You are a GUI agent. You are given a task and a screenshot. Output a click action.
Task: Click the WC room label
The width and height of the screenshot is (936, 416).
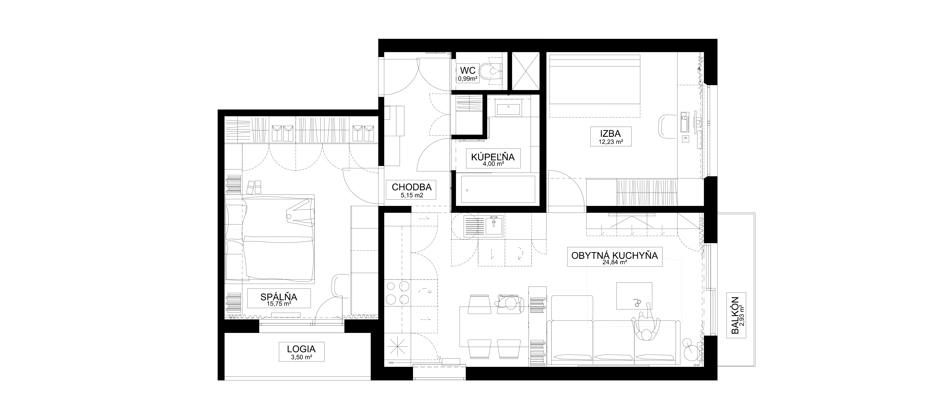[468, 70]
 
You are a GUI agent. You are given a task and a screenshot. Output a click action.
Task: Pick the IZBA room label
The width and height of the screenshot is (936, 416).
[611, 133]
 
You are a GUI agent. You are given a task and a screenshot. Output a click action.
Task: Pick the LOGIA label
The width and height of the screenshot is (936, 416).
[301, 349]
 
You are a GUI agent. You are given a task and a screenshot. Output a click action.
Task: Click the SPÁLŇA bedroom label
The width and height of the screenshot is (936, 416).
[279, 297]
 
